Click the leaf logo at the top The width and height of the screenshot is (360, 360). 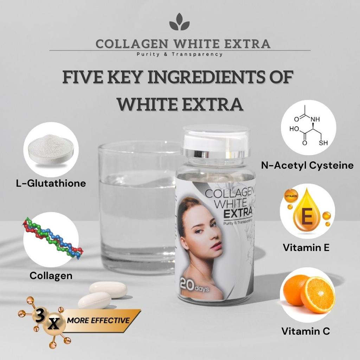(179, 22)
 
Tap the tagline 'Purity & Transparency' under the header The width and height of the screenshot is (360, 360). (180, 54)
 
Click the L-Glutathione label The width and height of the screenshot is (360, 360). (51, 183)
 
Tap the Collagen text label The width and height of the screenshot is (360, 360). (51, 276)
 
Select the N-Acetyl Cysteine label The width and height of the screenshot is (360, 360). (307, 165)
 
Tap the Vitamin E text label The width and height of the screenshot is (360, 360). (306, 247)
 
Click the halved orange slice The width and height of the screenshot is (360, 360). (317, 295)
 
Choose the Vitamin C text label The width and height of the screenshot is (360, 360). (306, 331)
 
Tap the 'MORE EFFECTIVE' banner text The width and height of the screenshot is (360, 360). (98, 320)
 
